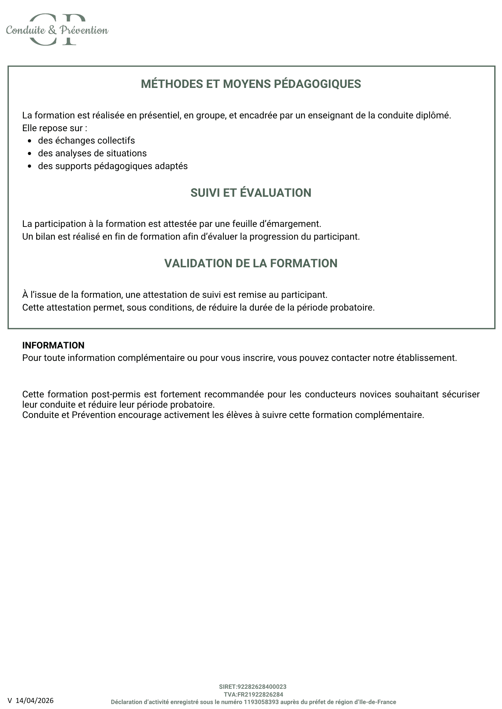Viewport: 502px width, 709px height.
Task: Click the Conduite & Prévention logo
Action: click(x=57, y=30)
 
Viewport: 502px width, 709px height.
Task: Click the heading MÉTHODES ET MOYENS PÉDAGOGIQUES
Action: click(x=251, y=84)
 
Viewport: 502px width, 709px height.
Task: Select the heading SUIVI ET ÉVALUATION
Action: click(x=251, y=193)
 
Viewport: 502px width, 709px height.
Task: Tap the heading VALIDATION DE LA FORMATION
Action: click(x=251, y=263)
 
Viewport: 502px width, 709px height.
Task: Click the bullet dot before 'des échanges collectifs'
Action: click(x=30, y=141)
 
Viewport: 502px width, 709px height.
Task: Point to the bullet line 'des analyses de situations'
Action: click(x=92, y=153)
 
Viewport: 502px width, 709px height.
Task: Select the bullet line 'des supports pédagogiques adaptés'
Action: click(x=113, y=166)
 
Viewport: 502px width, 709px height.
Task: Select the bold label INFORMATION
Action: click(x=53, y=345)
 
